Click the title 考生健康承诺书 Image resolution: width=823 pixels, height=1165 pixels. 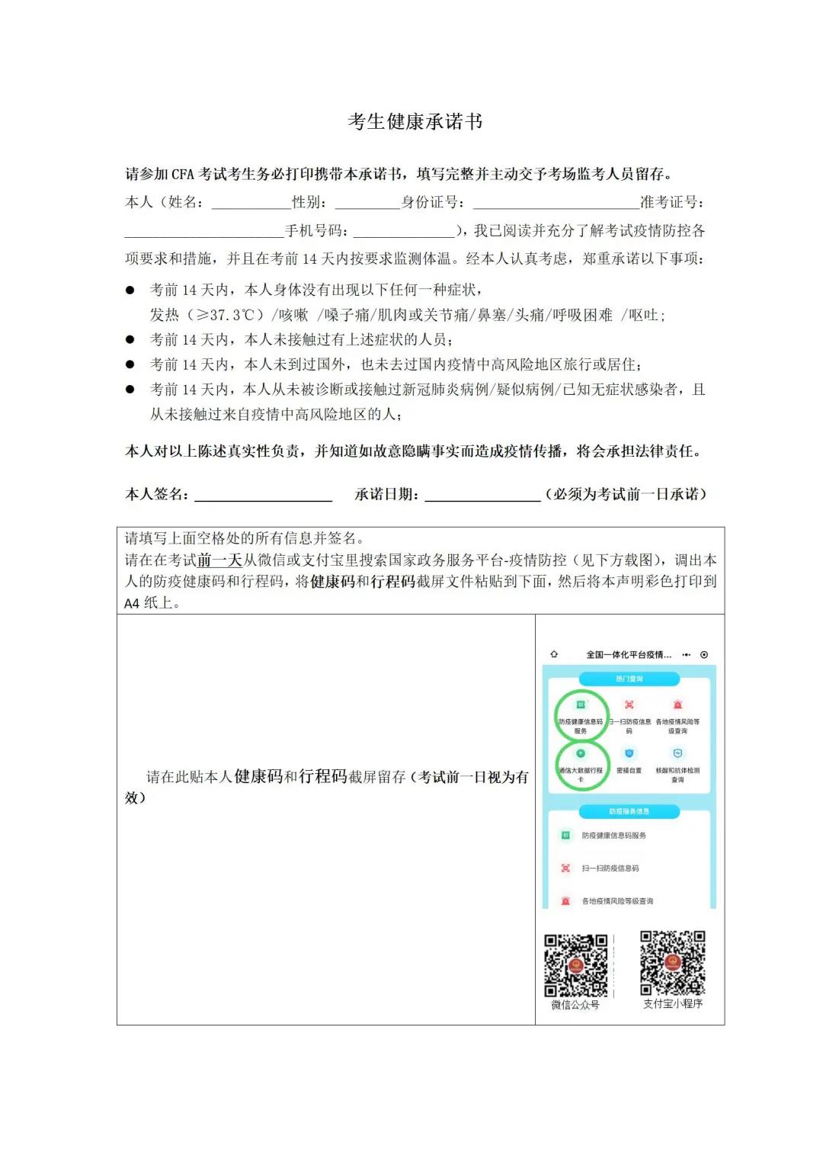(415, 122)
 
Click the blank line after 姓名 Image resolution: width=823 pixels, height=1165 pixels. (251, 204)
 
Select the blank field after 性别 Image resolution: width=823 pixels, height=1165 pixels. (367, 204)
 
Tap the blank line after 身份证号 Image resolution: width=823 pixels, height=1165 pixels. (556, 204)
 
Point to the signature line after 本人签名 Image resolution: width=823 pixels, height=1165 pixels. (263, 496)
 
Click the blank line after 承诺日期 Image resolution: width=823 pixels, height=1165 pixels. (482, 496)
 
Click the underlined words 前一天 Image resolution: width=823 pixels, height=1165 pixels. (219, 560)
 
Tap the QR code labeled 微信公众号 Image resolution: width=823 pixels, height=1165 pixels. (576, 965)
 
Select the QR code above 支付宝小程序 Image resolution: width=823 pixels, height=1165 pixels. (672, 962)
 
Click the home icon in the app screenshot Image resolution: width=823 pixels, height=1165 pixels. (554, 654)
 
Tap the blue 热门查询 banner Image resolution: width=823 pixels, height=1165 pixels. (629, 679)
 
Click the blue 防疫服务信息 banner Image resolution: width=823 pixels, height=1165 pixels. (629, 811)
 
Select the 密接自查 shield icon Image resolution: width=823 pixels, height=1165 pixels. (629, 753)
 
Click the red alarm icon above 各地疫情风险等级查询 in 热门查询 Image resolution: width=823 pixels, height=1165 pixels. (677, 704)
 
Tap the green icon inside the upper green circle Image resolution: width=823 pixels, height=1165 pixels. (581, 704)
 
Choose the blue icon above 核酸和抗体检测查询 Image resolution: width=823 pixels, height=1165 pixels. (677, 753)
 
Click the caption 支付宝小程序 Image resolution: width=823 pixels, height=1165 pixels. (672, 1004)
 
